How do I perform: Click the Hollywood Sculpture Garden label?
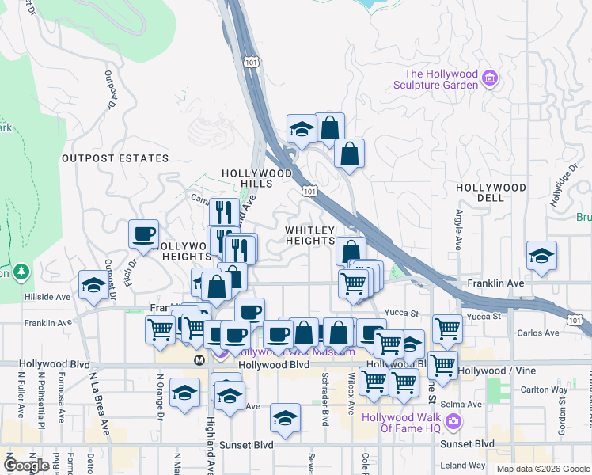(x=441, y=79)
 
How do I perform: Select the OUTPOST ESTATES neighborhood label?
(x=104, y=158)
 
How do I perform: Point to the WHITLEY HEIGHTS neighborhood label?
(x=309, y=234)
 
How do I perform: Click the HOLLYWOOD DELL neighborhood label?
(x=491, y=192)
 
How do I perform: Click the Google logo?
(x=27, y=465)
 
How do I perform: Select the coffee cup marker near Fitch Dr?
(x=143, y=234)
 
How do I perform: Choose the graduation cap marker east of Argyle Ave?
(x=541, y=256)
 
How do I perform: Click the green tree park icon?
(x=21, y=272)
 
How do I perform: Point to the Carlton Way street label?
(x=545, y=389)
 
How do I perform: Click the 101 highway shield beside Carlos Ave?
(x=575, y=319)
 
